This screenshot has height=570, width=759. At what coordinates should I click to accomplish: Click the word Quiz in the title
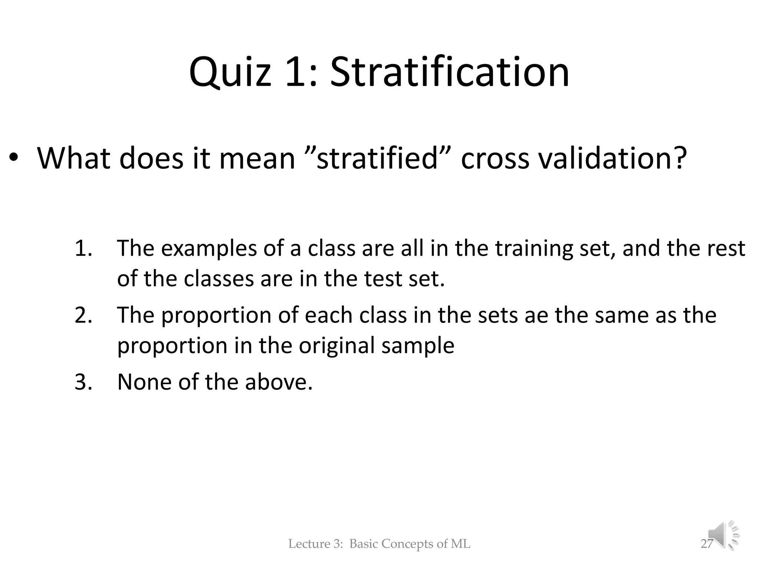point(230,72)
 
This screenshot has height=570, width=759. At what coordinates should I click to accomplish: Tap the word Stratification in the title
point(449,72)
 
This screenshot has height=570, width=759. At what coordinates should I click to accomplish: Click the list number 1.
point(83,248)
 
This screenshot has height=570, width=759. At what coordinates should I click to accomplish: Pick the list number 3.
point(83,382)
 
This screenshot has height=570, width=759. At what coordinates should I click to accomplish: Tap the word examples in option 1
point(209,248)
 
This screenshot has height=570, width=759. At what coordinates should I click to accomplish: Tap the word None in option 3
point(145,382)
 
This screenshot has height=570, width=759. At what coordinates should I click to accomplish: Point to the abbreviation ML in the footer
point(460,544)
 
